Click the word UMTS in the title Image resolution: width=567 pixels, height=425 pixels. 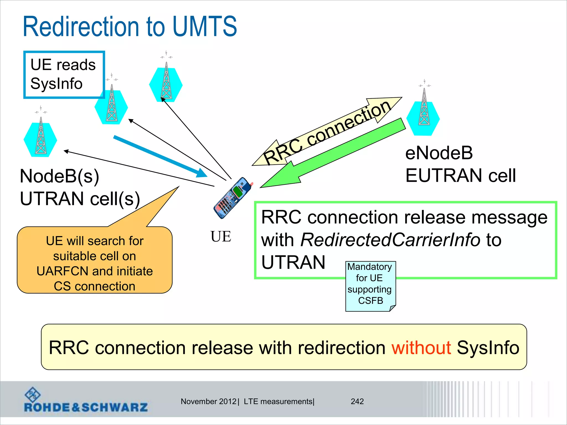coord(205,27)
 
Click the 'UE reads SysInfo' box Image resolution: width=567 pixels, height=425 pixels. coord(64,74)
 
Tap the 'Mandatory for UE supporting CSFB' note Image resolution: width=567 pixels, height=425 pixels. coord(370,285)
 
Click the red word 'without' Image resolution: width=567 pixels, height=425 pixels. coord(421,348)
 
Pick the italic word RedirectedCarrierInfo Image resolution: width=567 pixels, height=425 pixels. coord(390,240)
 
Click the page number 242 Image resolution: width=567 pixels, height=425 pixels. coord(357,401)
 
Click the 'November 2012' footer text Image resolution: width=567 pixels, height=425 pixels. coord(208,401)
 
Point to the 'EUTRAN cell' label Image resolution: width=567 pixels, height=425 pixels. coord(460,175)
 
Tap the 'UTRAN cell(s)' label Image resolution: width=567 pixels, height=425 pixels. coord(80,199)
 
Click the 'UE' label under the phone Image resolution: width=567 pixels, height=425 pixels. coord(221,237)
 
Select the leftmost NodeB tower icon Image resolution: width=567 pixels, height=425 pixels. coord(41,138)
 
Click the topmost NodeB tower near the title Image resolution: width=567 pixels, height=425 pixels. coord(166,83)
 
